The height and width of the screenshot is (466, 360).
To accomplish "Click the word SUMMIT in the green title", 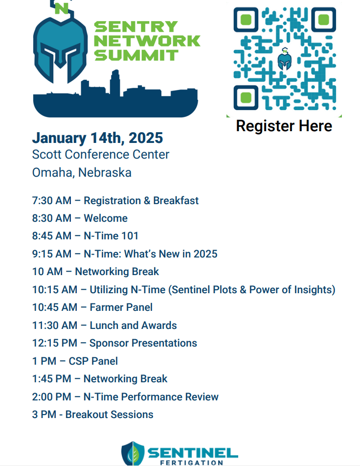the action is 136,55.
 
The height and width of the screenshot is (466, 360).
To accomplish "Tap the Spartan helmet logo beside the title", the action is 60,45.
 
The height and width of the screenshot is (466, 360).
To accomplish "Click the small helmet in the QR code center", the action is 285,59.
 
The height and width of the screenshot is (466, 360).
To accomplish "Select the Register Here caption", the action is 284,126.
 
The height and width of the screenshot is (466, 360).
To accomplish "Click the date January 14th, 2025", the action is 97,138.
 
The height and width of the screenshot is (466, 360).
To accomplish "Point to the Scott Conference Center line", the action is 101,155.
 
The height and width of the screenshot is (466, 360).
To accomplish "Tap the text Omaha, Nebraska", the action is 82,173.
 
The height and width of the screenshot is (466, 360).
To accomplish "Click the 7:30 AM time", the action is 52,201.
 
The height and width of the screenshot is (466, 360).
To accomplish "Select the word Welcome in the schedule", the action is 106,218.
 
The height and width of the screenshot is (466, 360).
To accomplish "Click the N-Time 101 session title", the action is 111,236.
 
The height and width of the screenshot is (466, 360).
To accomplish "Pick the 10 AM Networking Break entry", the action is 95,272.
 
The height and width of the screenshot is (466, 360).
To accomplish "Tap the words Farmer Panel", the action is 121,307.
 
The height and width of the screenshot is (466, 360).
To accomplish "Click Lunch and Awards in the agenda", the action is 134,326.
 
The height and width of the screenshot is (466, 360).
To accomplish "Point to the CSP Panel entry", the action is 75,361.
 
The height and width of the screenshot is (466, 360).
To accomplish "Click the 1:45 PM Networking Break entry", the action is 99,379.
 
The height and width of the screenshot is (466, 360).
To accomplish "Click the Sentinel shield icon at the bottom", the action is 133,453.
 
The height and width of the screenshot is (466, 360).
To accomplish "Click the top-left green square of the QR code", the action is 246,20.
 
